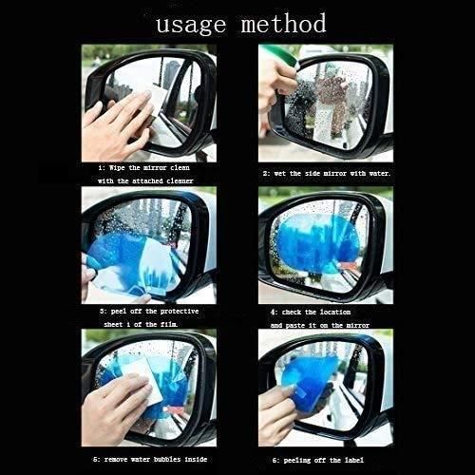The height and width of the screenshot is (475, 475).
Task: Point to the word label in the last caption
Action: (x=372, y=457)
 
